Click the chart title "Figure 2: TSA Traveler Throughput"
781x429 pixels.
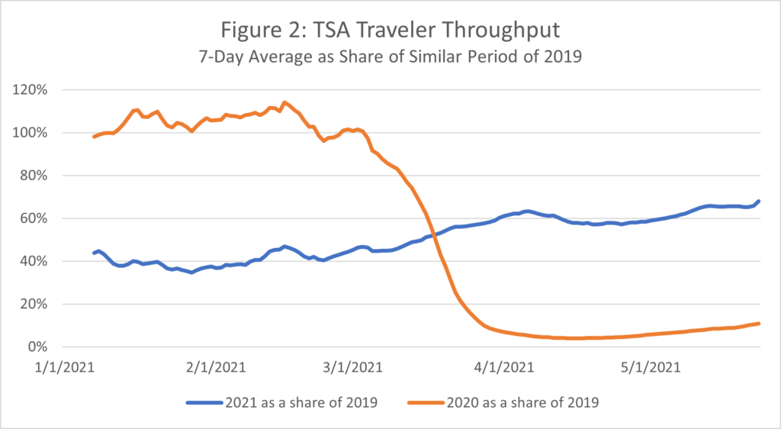[390, 31]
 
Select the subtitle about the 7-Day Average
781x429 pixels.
[390, 56]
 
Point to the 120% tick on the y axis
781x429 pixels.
[31, 90]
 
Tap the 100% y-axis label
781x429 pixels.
[31, 133]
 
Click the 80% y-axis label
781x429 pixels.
[34, 176]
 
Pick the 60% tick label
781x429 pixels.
[34, 218]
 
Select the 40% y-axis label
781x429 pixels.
[34, 261]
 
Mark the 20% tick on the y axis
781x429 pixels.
[34, 304]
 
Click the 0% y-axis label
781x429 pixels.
[37, 347]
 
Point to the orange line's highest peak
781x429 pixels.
[284, 102]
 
